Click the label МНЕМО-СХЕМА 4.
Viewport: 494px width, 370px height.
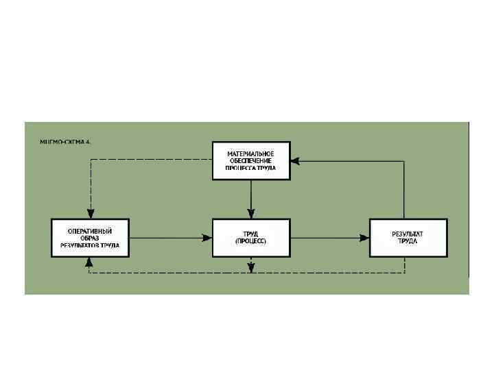(66, 142)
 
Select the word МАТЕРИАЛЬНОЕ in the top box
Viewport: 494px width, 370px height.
(251, 152)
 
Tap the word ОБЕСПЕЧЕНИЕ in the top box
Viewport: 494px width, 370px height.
(251, 160)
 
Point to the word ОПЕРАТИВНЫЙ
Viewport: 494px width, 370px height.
(91, 230)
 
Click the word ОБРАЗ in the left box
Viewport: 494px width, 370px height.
(91, 238)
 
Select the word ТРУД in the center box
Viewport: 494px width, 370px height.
(251, 234)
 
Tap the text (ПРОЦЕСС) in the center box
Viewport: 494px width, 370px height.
(251, 241)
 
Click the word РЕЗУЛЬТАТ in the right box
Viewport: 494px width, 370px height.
(408, 234)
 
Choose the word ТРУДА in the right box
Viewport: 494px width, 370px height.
(408, 241)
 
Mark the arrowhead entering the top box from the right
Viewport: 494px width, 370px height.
(294, 161)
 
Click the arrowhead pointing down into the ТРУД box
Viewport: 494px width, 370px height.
(251, 214)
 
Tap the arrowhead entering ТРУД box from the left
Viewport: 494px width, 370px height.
(207, 238)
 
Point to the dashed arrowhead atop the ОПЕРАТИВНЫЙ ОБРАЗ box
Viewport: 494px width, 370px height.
(90, 214)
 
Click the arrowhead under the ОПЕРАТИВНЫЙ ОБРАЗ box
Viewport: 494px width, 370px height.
(90, 262)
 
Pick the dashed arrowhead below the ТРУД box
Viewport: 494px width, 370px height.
(251, 267)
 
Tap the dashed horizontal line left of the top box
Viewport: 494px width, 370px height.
(151, 160)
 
